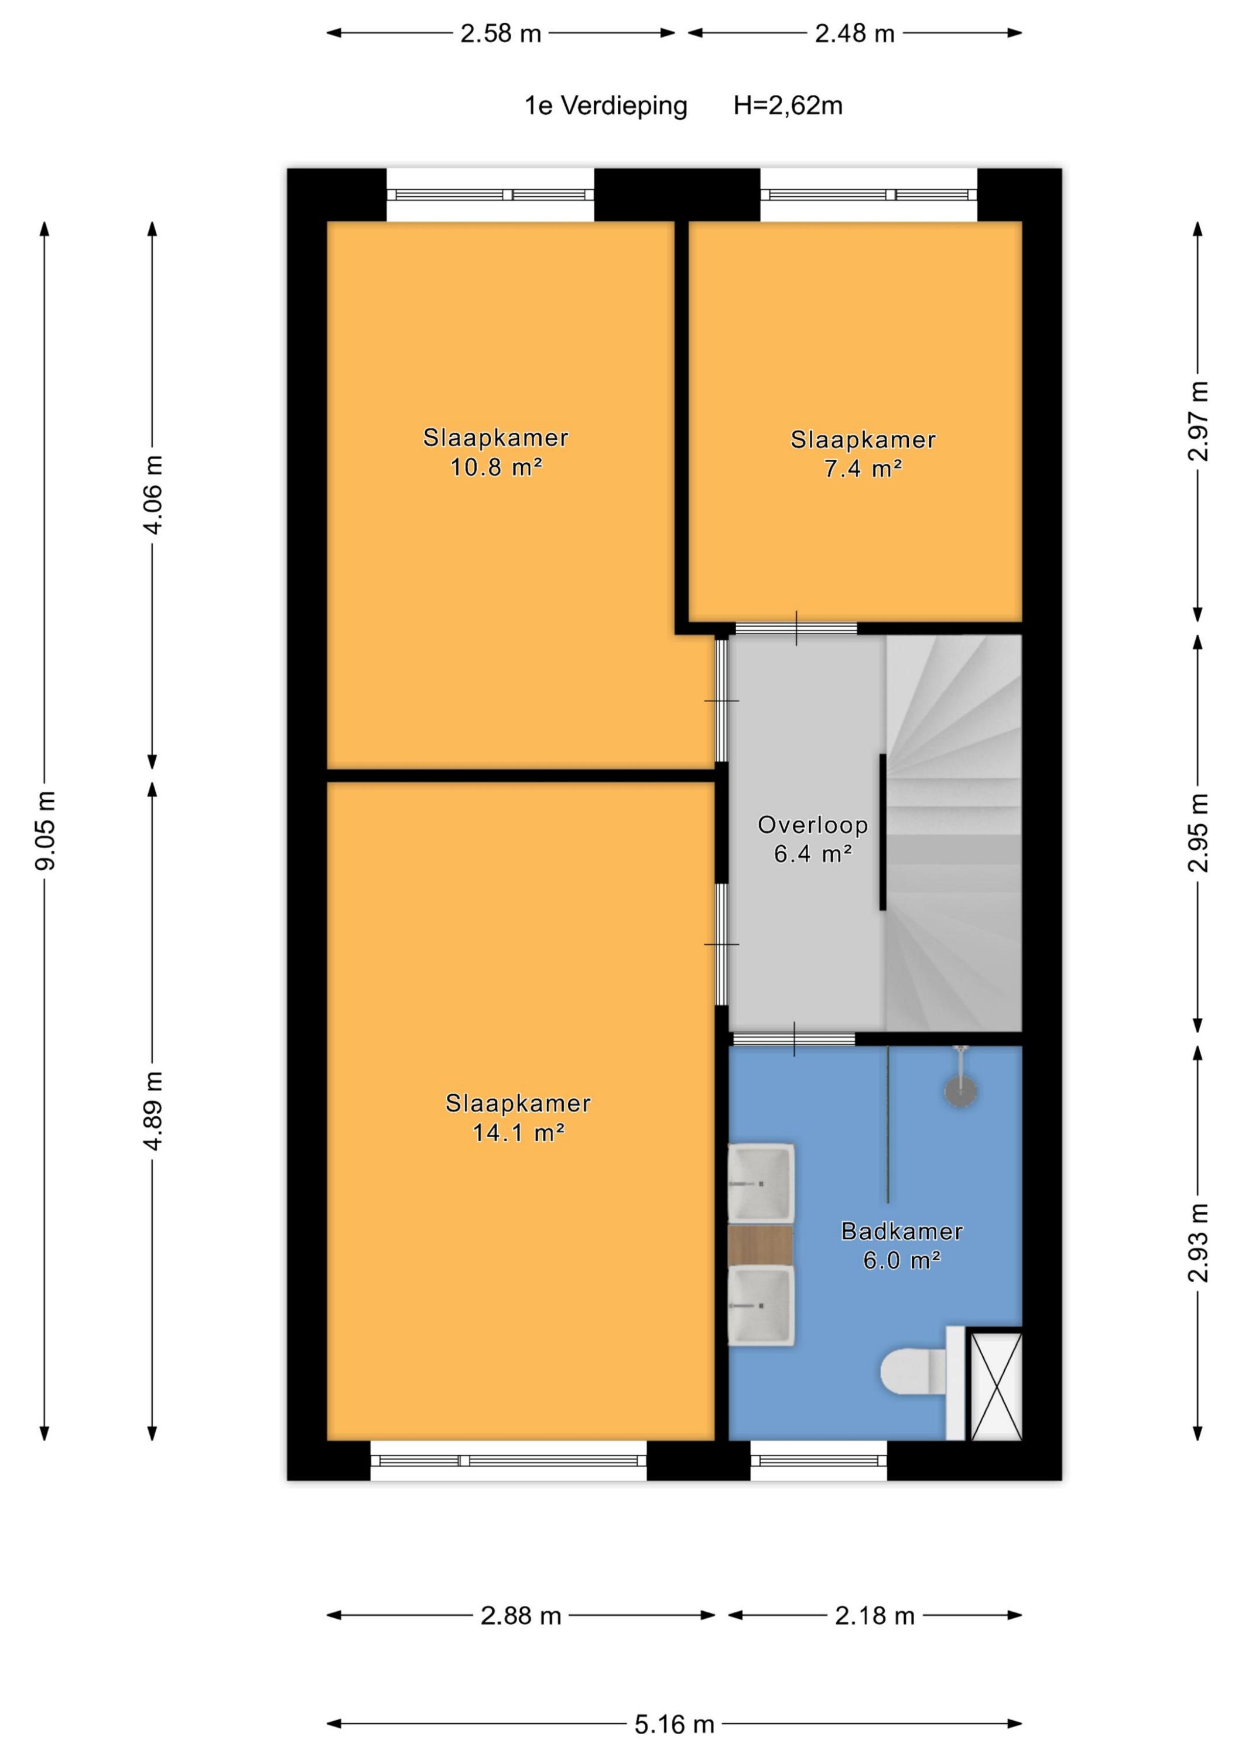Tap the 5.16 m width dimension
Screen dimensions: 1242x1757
(x=674, y=1724)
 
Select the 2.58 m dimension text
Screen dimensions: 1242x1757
(x=501, y=33)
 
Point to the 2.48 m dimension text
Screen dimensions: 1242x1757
(x=855, y=33)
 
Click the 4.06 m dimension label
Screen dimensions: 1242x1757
(x=153, y=494)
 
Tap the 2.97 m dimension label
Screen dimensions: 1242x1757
(x=1199, y=421)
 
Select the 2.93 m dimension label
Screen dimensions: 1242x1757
(x=1199, y=1243)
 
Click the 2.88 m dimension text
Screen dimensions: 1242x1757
(x=521, y=1615)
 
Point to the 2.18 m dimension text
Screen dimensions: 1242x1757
(x=875, y=1615)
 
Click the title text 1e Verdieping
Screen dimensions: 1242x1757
(x=606, y=105)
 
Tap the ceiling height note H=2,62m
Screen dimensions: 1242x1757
(x=788, y=105)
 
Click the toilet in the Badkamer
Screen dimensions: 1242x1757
(x=913, y=1371)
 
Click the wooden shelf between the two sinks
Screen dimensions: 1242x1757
(x=760, y=1245)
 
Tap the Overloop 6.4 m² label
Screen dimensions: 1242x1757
(x=813, y=839)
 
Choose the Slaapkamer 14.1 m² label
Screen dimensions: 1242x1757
(x=518, y=1117)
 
